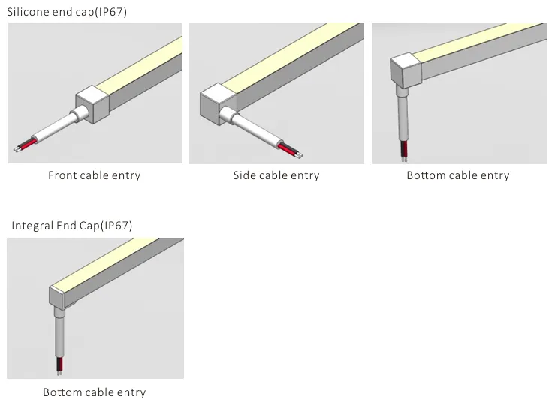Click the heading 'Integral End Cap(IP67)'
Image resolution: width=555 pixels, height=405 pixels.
point(72,225)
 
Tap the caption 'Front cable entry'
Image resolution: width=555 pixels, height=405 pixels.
point(94,175)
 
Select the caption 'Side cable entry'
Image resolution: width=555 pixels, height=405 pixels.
point(276,175)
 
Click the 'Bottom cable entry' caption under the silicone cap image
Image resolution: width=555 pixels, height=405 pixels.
point(457,175)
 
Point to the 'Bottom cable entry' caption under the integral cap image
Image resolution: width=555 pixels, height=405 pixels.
point(94,392)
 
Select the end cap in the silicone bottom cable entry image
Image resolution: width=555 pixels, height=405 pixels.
point(406,70)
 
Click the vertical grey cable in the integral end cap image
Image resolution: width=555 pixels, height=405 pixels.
point(59,334)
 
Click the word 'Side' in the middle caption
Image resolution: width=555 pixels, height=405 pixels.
point(244,175)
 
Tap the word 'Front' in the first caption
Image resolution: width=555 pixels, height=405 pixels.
point(63,175)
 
